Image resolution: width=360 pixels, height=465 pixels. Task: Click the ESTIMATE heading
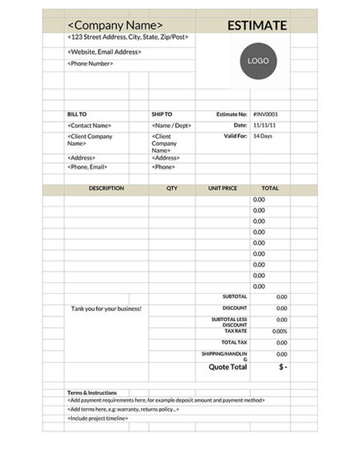[257, 26]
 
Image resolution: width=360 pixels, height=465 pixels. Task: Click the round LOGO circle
[258, 61]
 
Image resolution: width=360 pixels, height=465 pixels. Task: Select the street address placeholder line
[128, 38]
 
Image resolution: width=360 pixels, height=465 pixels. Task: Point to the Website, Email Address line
[104, 52]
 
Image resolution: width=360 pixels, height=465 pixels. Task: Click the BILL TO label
[77, 114]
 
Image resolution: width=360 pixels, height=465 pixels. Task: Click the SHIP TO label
[161, 114]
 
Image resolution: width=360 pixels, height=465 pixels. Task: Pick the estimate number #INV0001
[265, 114]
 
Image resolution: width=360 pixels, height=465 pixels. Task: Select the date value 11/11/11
[264, 125]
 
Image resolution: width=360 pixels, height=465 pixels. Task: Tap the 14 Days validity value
[262, 136]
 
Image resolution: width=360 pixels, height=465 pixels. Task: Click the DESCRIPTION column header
[106, 188]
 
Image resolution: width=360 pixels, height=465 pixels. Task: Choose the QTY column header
[171, 188]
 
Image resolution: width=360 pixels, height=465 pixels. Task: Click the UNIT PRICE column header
[222, 188]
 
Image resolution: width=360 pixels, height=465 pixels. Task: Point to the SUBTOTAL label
[234, 296]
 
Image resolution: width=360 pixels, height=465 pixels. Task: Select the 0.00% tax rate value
[279, 331]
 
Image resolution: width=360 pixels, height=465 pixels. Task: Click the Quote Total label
[227, 367]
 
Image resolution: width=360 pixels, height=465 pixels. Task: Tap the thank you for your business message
[106, 309]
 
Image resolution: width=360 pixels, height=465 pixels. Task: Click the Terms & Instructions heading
[91, 393]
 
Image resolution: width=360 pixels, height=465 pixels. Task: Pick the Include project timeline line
[98, 418]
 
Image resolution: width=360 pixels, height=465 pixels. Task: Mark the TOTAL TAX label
[234, 342]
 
